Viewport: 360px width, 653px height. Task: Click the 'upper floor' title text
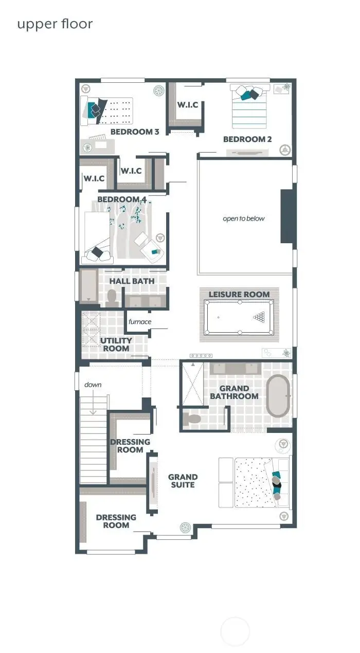tap(55, 24)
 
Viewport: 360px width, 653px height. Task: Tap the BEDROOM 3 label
tap(135, 132)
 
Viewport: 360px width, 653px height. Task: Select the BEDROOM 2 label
tap(247, 139)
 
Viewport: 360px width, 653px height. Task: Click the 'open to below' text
tap(244, 219)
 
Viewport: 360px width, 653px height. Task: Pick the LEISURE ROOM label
tap(239, 294)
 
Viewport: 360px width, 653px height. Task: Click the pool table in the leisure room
tap(239, 318)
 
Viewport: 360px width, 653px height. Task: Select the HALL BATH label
tap(132, 281)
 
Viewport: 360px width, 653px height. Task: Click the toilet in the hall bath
tap(112, 297)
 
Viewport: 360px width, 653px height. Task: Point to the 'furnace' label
tap(140, 322)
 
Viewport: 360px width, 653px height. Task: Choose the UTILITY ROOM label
tap(116, 344)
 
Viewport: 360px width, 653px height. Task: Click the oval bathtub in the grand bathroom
tap(278, 395)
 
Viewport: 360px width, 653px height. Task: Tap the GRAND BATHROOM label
tap(234, 392)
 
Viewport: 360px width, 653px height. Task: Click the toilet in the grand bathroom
tap(193, 419)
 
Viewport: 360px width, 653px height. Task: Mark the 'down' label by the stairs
tap(93, 385)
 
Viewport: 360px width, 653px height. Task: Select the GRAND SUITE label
tap(183, 481)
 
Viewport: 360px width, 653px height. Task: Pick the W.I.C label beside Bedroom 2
tap(188, 105)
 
